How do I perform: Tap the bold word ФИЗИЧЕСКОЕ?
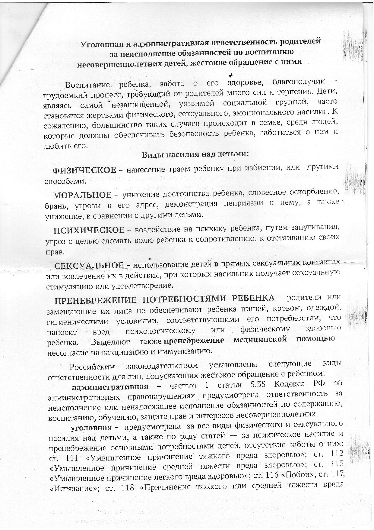tap(84, 170)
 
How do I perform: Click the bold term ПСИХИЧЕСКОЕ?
tap(89, 231)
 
